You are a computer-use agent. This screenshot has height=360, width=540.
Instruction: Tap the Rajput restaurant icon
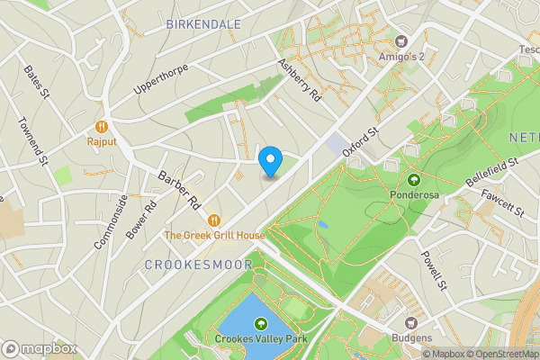(x=102, y=127)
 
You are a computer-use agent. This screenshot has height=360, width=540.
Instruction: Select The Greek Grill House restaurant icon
(x=214, y=220)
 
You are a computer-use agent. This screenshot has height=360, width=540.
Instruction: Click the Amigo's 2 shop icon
(x=401, y=40)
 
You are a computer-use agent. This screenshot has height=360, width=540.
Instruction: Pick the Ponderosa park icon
(x=415, y=178)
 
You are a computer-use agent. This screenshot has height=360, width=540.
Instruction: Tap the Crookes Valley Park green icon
(x=261, y=324)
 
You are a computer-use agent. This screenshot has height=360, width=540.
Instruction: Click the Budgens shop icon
(x=412, y=323)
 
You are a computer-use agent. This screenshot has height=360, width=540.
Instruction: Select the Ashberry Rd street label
(x=300, y=79)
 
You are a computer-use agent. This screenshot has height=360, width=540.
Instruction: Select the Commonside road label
(x=106, y=223)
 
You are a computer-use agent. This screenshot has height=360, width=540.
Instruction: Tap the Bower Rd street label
(x=142, y=216)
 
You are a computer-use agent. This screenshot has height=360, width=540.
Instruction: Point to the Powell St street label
(x=435, y=271)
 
